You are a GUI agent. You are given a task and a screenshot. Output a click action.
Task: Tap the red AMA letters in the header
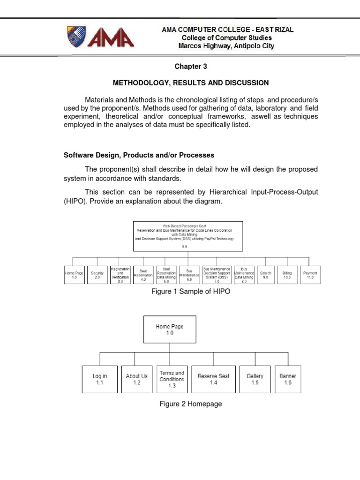pos(112,37)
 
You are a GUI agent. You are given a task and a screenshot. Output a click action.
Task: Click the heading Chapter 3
pos(190,67)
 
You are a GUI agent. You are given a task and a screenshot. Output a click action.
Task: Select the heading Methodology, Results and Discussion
pos(191,83)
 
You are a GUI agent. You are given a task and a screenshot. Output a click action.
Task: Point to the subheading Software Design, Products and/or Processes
pos(139,155)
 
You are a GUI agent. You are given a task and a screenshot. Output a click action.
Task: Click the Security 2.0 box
pos(97,275)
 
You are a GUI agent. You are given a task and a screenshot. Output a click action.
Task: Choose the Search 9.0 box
pos(265,275)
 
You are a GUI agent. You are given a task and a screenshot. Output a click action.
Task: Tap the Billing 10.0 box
pos(287,275)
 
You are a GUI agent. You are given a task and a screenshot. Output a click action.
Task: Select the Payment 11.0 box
pos(310,275)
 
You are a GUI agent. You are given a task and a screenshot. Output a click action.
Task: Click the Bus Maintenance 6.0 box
pos(189,275)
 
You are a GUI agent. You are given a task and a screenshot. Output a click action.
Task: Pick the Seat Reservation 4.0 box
pos(143,275)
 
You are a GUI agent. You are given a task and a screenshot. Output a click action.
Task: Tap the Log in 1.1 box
pos(100,379)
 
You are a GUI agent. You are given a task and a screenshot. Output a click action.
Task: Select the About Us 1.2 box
pos(137,379)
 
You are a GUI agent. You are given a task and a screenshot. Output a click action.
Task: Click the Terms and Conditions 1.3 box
pos(172,379)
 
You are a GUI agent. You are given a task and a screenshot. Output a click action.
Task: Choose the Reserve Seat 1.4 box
pos(213,379)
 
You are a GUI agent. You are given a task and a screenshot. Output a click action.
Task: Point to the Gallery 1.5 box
pos(255,379)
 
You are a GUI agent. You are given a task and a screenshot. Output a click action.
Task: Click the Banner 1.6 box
pos(288,379)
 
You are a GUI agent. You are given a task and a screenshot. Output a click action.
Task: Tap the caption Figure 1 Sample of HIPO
pos(190,292)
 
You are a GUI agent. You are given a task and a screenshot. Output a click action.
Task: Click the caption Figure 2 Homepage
pos(190,404)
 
